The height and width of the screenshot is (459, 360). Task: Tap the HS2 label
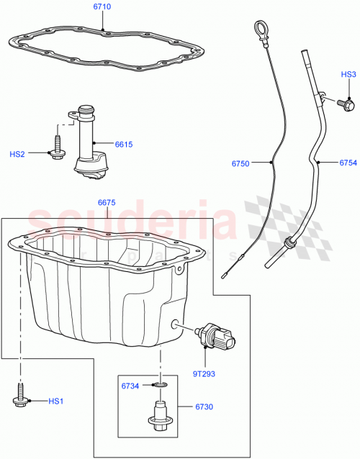17,154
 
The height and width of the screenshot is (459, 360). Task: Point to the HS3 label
348,75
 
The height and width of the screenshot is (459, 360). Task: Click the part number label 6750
241,164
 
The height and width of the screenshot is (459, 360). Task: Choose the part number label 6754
349,164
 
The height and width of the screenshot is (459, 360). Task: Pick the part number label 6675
107,204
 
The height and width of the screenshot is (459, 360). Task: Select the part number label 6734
130,386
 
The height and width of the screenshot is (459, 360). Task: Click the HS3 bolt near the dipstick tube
346,104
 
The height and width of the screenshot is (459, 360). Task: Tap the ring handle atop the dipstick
258,29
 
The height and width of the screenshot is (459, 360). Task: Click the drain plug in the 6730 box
159,416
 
